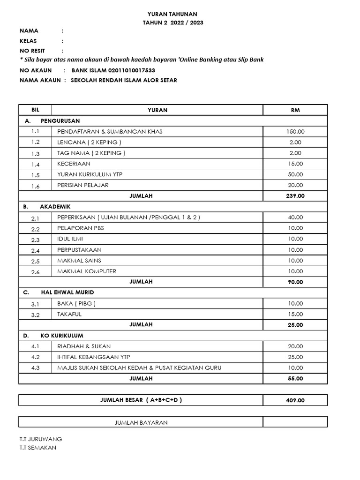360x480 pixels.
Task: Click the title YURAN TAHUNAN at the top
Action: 173,14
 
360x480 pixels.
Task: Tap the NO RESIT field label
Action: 32,51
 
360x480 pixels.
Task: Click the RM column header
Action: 295,110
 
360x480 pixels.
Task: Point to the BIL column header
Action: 36,110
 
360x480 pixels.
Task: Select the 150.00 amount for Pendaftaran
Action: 295,132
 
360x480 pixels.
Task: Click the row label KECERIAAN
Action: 74,164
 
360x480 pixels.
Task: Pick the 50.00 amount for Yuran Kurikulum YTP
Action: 295,174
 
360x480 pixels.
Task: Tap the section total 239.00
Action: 295,196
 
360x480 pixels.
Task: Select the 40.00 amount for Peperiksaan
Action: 295,217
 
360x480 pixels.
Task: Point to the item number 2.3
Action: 36,240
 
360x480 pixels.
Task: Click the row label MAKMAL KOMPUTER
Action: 87,271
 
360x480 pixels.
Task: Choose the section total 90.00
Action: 295,282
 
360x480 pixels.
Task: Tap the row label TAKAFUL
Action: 69,314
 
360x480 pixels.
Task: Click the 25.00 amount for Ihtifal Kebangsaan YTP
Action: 295,357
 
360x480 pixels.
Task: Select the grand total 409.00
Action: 295,400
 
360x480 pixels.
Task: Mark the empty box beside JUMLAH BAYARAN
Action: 295,422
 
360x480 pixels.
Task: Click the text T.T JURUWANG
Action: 40,439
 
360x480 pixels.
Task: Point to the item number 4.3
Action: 36,368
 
